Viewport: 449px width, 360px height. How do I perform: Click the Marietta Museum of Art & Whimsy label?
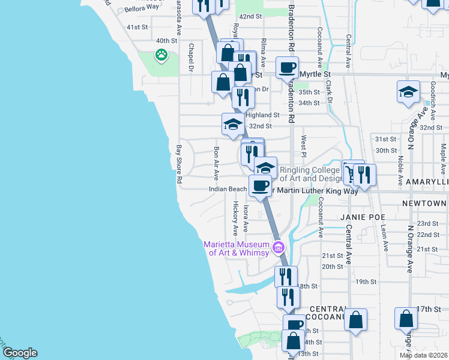click(x=237, y=248)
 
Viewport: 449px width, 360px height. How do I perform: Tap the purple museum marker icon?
click(x=278, y=247)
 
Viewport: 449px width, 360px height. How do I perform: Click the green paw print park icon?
click(x=161, y=56)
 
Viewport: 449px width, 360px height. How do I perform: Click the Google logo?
click(x=19, y=353)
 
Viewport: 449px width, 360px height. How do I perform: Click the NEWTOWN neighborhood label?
click(x=424, y=204)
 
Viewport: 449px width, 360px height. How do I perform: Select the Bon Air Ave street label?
click(x=216, y=162)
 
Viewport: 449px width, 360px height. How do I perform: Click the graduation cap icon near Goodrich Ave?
click(x=408, y=92)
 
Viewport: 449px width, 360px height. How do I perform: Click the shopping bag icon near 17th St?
click(x=406, y=318)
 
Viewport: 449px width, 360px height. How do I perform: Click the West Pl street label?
click(x=304, y=143)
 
